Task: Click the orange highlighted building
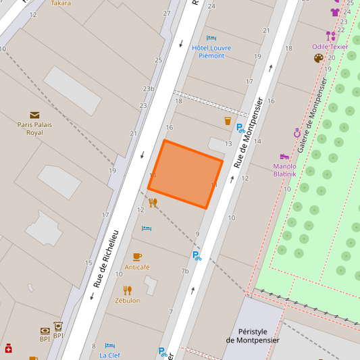point(186,174)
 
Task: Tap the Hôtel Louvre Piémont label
point(211,51)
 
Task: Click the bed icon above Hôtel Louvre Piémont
point(211,38)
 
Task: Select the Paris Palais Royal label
point(34,128)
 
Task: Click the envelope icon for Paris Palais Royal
point(34,115)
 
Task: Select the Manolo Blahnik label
point(285,170)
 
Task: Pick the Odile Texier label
point(330,47)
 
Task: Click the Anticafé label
point(137,267)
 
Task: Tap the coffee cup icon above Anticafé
point(137,257)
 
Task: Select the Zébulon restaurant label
point(128,300)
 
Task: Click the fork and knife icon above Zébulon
point(128,290)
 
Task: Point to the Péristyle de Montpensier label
point(253,336)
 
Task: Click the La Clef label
point(110,355)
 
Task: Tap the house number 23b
point(149,88)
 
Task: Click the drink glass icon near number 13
point(228,121)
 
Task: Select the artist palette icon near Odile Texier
point(319,58)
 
